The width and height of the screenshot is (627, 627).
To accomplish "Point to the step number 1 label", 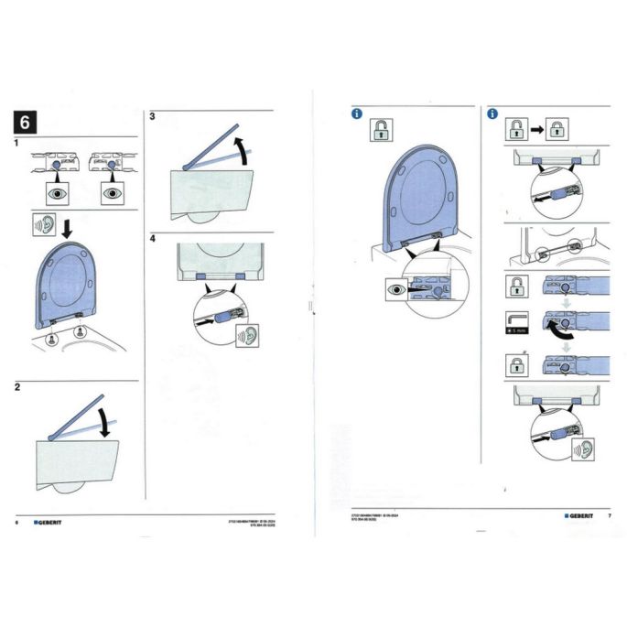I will point(18,144).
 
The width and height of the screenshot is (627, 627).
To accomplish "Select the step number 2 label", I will point(18,388).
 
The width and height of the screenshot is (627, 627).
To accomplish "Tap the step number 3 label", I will point(152,116).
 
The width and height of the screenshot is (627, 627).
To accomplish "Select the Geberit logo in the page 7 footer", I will point(579,516).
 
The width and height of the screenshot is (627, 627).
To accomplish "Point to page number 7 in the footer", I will point(609,516).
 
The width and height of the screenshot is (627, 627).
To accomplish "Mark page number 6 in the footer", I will point(18,522).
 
